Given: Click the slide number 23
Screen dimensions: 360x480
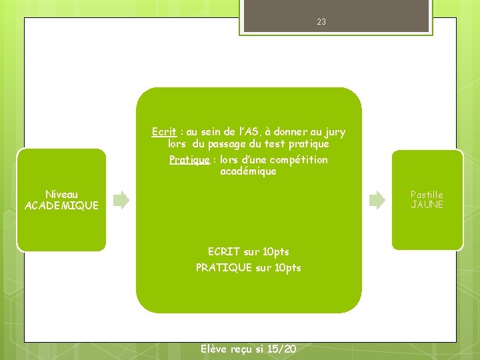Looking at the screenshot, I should [321, 22].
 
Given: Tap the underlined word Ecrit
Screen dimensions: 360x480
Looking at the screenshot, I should [163, 132].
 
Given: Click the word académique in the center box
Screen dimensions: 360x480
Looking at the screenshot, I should [248, 172].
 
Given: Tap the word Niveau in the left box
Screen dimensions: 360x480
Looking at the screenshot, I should [61, 195].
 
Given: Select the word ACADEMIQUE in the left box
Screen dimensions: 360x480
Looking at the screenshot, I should [61, 206].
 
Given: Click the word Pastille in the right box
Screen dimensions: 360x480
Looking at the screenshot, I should [427, 195].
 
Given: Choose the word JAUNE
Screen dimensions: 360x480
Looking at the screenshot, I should [427, 205].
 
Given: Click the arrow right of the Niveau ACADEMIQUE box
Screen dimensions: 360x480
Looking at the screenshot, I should [121, 199].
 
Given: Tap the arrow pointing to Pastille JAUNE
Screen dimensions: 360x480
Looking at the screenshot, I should [377, 199].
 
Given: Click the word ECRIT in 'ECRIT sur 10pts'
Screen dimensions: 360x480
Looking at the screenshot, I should [224, 252].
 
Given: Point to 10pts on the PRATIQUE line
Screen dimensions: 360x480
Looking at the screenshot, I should [288, 268].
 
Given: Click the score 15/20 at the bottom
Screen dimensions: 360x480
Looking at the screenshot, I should [281, 349].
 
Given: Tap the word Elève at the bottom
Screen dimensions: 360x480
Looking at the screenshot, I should [213, 349].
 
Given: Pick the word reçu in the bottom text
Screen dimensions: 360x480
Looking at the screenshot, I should [242, 349].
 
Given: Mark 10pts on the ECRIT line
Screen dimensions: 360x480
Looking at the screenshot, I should [276, 252].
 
